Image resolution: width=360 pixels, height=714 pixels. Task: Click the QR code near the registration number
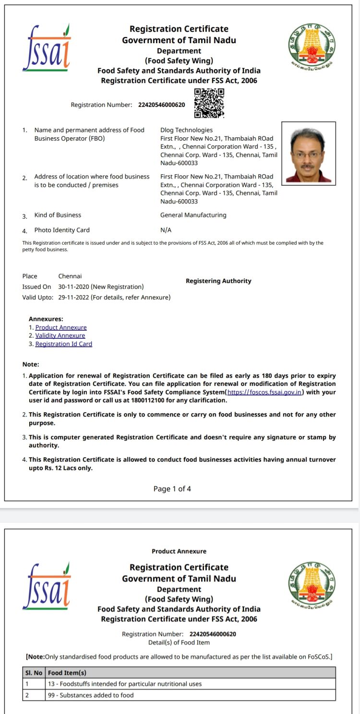[x=209, y=103]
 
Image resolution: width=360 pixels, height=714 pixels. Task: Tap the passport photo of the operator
[x=309, y=153]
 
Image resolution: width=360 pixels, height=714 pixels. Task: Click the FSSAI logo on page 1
[x=47, y=48]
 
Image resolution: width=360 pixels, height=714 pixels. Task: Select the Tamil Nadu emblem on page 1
[x=312, y=46]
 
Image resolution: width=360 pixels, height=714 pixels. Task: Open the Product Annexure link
[x=61, y=327]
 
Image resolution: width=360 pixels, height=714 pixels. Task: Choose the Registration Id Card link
[x=64, y=344]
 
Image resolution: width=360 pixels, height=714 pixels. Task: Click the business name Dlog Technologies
[x=186, y=130]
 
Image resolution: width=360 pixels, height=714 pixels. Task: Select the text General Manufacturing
[x=193, y=215]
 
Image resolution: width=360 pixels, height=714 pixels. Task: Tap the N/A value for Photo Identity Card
[x=166, y=230]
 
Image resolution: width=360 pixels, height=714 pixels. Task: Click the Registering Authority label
[x=218, y=281]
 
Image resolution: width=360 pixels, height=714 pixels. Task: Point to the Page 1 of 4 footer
[x=172, y=488]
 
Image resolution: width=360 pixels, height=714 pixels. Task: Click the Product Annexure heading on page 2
[x=179, y=551]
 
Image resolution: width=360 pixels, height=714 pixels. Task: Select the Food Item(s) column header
[x=67, y=673]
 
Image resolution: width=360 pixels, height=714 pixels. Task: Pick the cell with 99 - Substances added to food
[x=91, y=695]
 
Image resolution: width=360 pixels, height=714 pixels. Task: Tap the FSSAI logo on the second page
[x=47, y=586]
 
